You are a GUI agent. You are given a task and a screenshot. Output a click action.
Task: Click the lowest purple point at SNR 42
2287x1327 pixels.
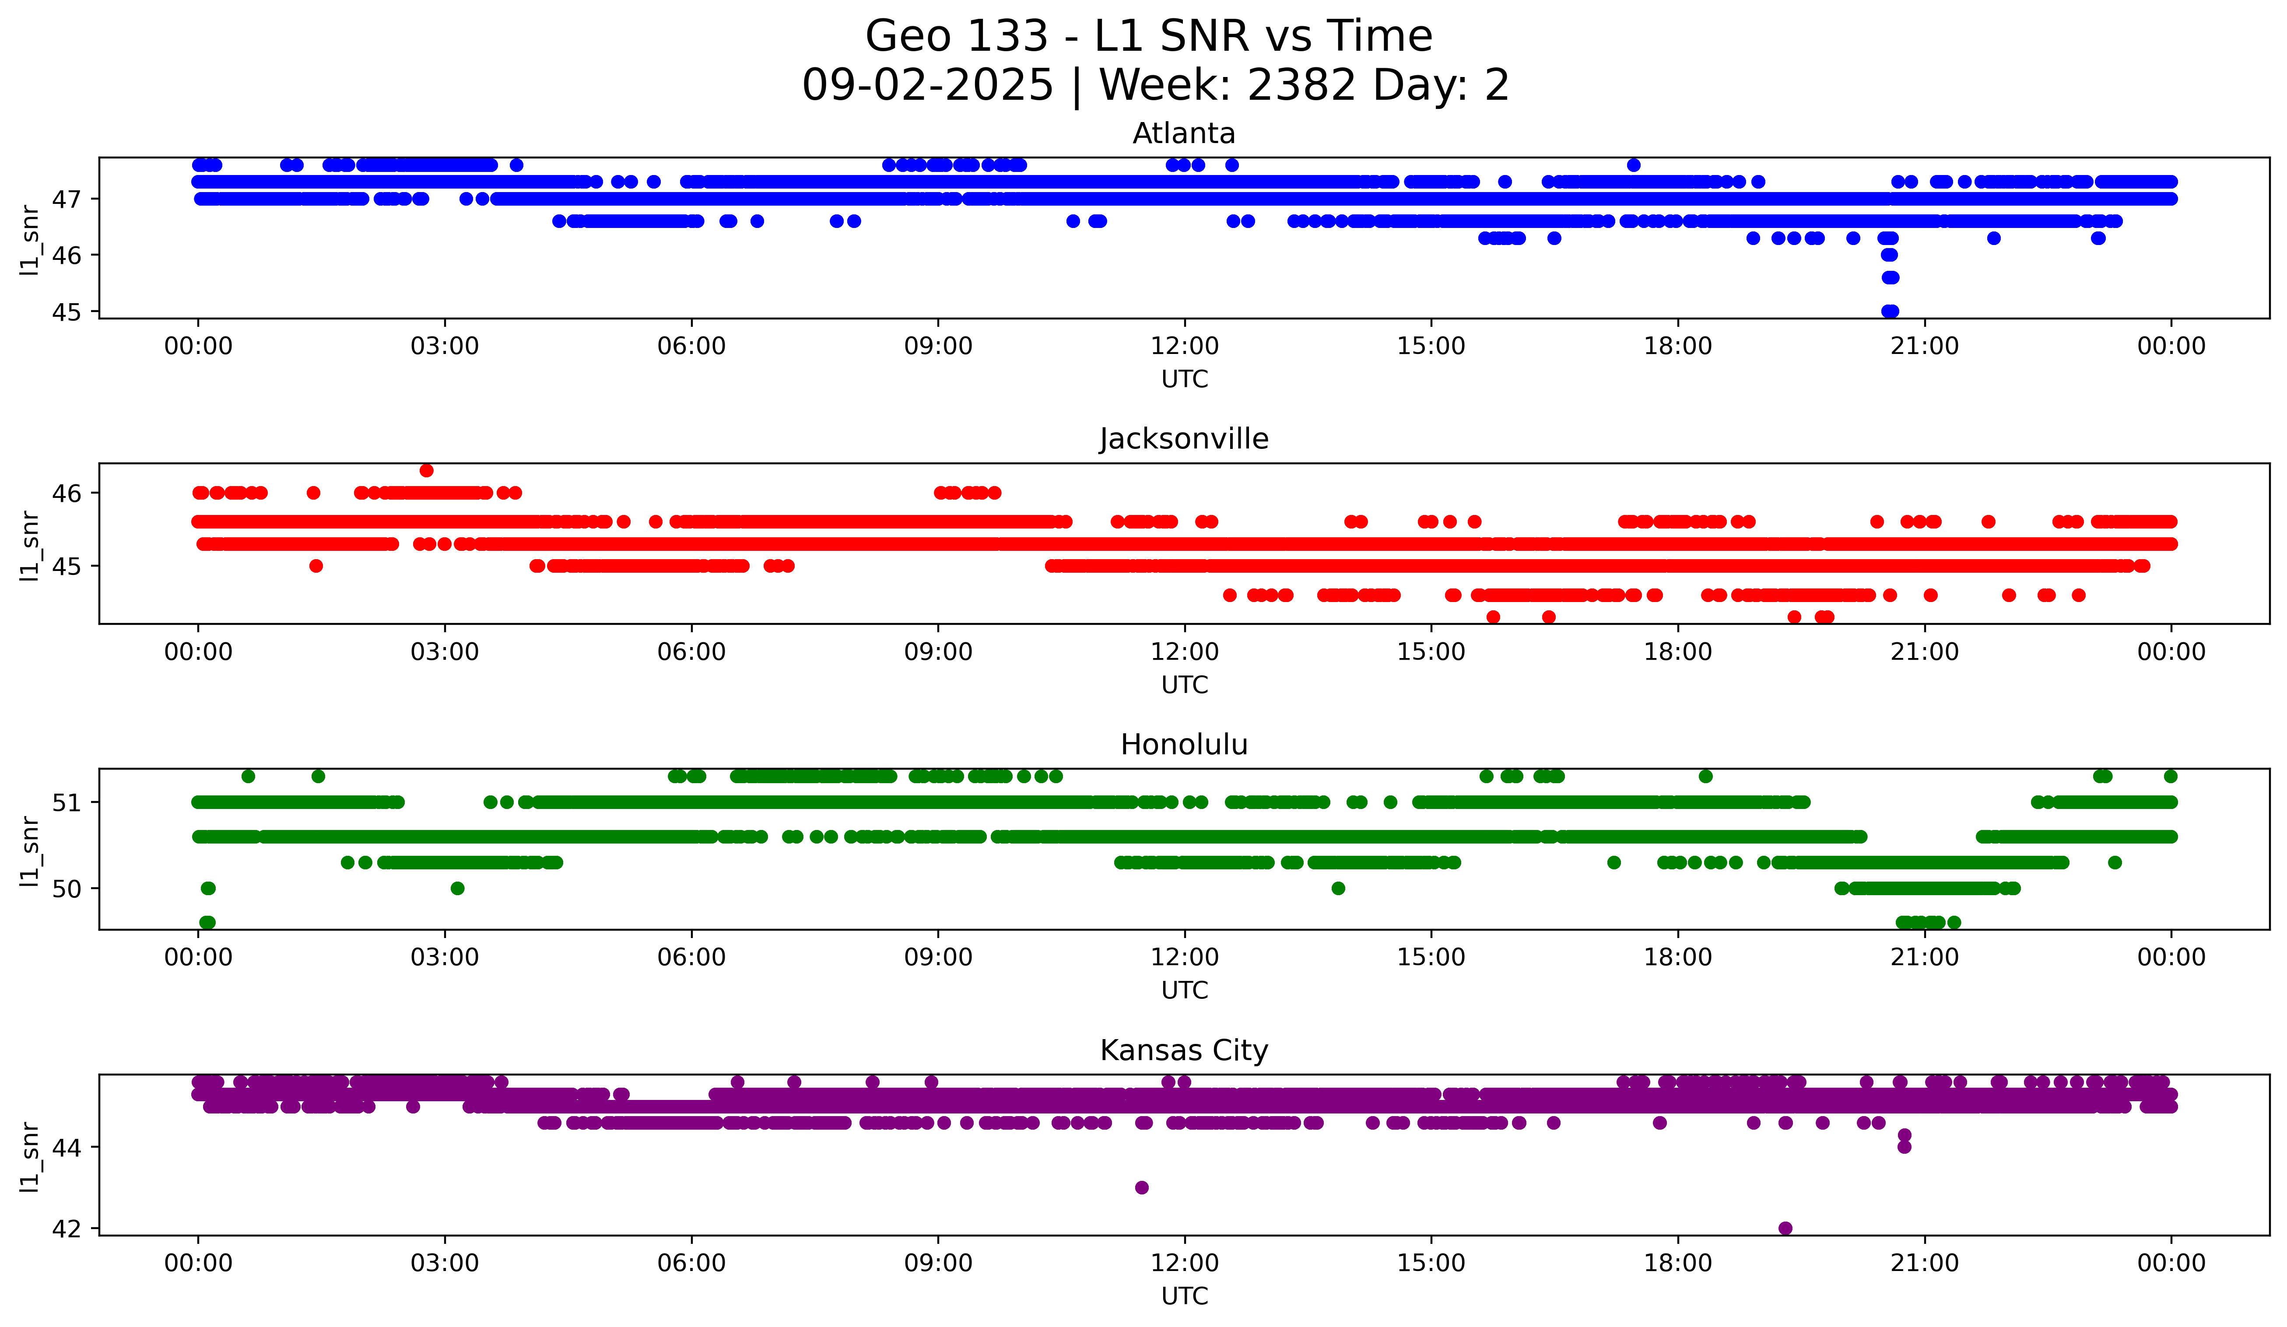coord(1785,1228)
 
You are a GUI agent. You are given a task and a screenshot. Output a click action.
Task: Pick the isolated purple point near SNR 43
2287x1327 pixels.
coord(1142,1187)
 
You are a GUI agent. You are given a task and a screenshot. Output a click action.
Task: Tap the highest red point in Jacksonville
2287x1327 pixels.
coord(427,470)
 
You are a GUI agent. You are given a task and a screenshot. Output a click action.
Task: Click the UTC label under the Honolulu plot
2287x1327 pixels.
coord(1184,991)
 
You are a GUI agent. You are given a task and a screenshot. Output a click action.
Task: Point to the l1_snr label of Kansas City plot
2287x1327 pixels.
coord(30,1156)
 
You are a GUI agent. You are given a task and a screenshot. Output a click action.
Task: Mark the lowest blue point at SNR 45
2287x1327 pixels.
coord(1890,311)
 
